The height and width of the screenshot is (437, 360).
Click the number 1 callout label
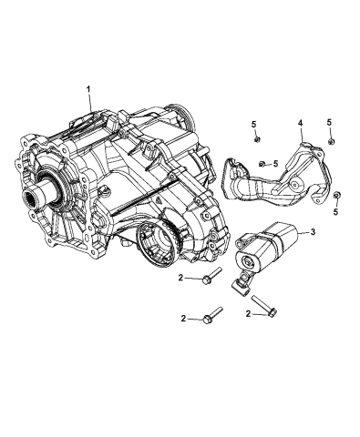point(88,89)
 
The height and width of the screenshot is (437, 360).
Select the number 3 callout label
point(312,234)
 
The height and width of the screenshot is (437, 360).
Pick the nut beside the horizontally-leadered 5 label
point(262,163)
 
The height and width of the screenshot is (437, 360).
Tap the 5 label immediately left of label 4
point(255,122)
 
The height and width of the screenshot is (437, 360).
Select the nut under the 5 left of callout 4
point(257,138)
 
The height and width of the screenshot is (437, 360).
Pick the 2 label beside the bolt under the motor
point(249,313)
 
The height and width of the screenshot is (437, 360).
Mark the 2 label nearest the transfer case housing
point(182,277)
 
